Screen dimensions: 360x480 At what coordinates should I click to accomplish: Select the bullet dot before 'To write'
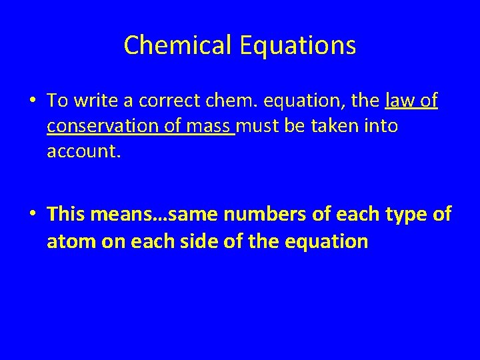coord(33,101)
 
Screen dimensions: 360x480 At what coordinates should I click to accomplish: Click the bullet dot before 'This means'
coord(33,215)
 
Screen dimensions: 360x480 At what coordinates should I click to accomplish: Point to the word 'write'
coord(92,101)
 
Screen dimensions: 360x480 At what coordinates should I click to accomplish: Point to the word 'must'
coord(259,126)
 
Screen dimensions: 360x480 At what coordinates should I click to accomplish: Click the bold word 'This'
coord(64,214)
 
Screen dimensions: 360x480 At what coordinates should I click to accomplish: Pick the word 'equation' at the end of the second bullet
coord(326,241)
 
